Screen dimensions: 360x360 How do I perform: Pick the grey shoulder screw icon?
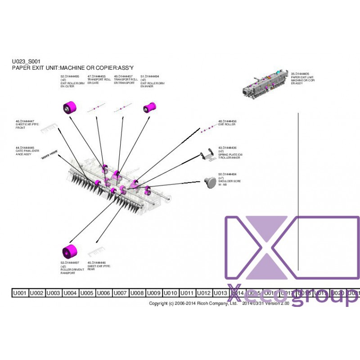coord(210,182)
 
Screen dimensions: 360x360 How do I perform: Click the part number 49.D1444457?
coord(123,76)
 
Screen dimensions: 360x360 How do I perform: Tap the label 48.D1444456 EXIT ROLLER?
coord(227,122)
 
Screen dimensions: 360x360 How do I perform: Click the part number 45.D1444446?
coord(97,262)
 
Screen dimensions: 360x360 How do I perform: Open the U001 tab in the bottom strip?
coord(20,293)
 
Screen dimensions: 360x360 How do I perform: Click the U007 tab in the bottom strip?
coord(120,293)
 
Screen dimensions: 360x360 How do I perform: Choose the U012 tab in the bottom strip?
coord(204,293)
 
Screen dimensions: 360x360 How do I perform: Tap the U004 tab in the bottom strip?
coord(70,293)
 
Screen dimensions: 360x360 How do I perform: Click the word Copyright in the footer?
coord(158,304)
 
